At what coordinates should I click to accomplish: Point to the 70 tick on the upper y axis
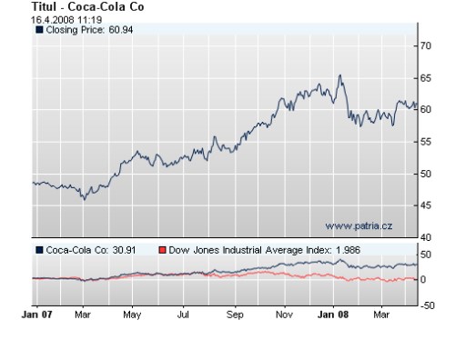click(424, 45)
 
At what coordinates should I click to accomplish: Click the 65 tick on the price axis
click(424, 77)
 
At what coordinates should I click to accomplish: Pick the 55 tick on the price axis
click(424, 142)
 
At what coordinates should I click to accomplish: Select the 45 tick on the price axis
click(424, 205)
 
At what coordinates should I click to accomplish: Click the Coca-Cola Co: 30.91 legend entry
click(91, 249)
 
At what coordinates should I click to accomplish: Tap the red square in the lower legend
click(163, 249)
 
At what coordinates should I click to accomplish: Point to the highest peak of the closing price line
click(339, 75)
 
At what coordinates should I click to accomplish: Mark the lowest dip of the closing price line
click(84, 199)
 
